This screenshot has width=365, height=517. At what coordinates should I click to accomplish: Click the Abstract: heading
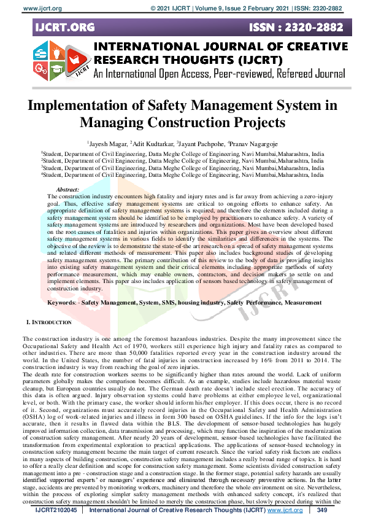[67, 190]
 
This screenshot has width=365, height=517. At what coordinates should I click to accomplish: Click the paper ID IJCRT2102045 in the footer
[56, 510]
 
